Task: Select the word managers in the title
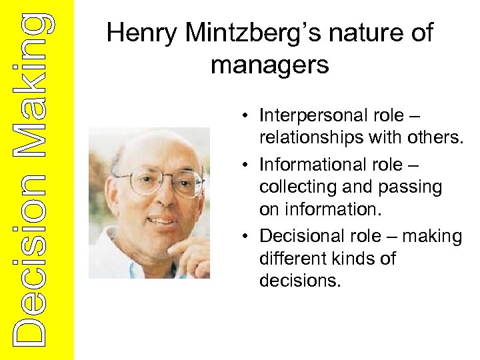269,65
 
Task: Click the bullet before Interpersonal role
246,117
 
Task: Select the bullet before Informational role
246,165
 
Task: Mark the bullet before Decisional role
246,237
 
